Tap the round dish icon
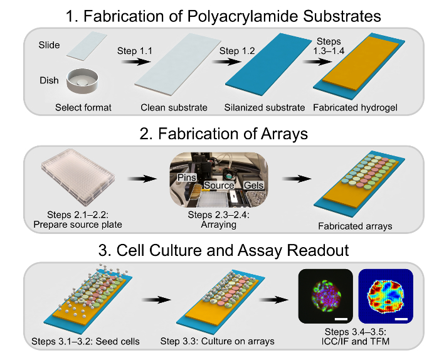click(x=83, y=77)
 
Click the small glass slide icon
click(x=82, y=46)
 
